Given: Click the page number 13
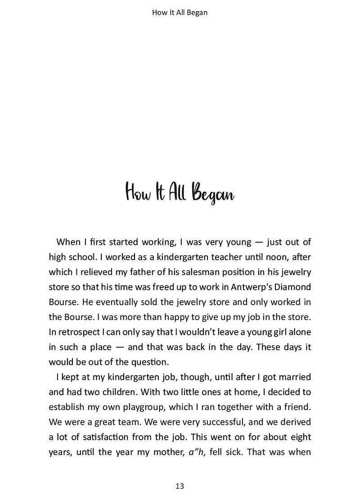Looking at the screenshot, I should (x=180, y=486).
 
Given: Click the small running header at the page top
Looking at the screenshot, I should (x=180, y=13).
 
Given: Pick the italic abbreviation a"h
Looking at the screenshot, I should (x=196, y=452).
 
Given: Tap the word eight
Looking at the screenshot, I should (x=300, y=437).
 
